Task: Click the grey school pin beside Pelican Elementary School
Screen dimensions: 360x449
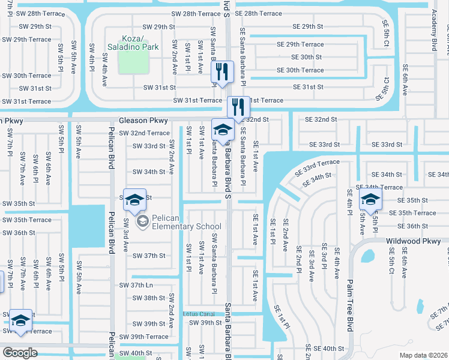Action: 143,223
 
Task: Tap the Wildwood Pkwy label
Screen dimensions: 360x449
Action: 414,241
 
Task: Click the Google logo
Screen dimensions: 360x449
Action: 20,353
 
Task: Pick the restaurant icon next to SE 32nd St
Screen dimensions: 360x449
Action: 238,107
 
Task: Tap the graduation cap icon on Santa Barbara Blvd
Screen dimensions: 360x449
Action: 223,130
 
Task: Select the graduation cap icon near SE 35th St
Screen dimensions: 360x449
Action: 370,200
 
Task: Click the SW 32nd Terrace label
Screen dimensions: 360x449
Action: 144,133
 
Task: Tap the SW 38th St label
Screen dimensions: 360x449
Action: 146,298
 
